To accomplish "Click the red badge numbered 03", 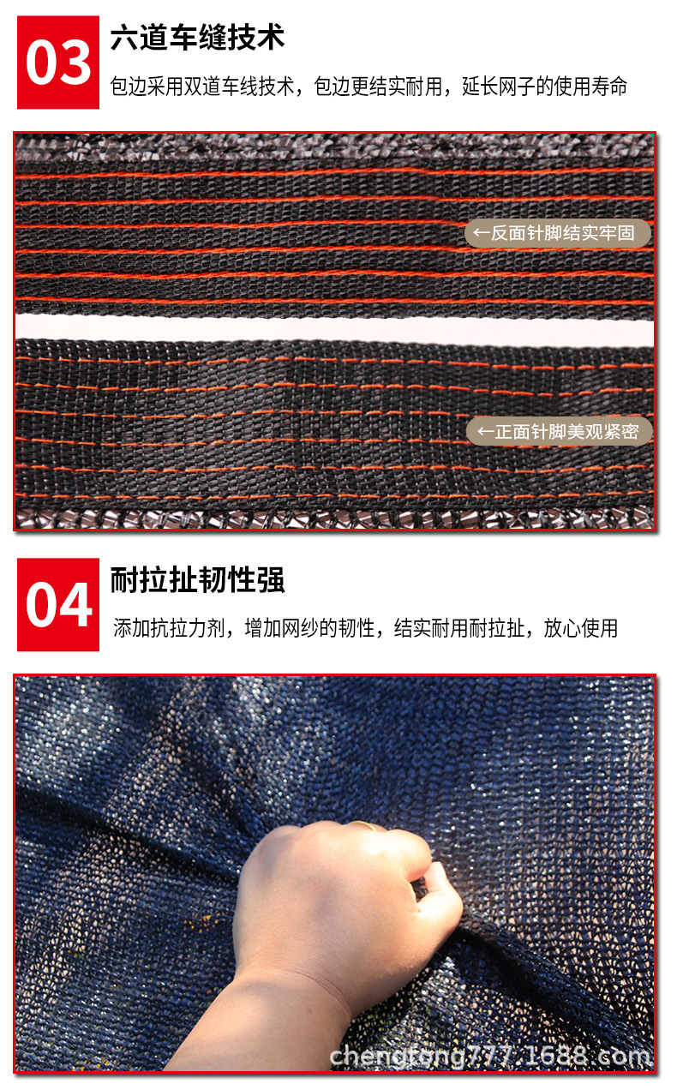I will point(58,62).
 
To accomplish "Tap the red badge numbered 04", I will point(58,605).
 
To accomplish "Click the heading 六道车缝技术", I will point(197,38).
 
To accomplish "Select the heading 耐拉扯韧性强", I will point(197,581).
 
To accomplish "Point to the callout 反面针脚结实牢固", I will point(558,233).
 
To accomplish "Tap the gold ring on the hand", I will point(363,826).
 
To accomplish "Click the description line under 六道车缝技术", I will point(368,87).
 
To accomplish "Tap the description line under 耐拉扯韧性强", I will point(365,628).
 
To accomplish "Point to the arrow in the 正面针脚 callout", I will point(485,432).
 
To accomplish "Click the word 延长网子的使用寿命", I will point(545,87).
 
